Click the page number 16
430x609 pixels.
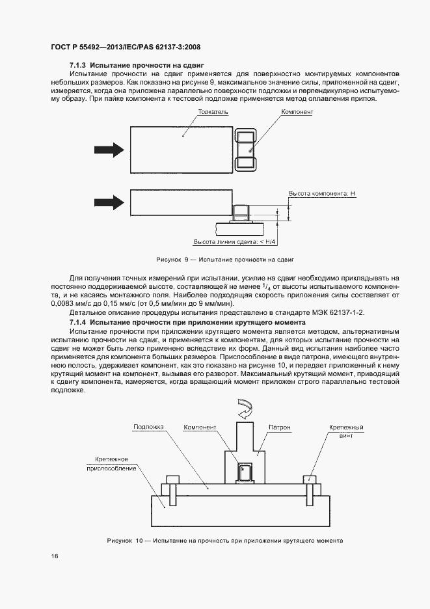click(x=55, y=556)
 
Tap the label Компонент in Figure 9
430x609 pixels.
click(x=297, y=112)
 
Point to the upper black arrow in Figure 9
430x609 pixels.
click(x=108, y=150)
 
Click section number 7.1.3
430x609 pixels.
click(x=78, y=66)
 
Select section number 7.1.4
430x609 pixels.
click(x=78, y=323)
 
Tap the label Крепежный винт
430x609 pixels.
click(x=345, y=432)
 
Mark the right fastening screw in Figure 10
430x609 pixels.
click(x=310, y=480)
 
